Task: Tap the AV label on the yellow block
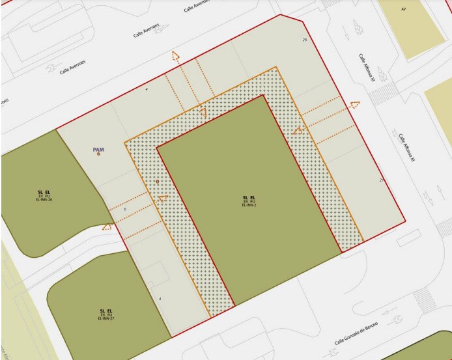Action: tap(403, 9)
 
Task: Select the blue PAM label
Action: tap(99, 150)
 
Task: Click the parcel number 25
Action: tap(305, 40)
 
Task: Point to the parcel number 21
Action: tap(381, 180)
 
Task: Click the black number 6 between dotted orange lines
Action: tap(125, 210)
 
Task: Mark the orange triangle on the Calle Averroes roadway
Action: tap(175, 56)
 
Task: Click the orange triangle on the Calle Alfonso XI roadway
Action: tap(354, 104)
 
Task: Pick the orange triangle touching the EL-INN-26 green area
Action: tap(107, 227)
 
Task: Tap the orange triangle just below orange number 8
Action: tap(163, 197)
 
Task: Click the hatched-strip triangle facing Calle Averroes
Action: tap(203, 112)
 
